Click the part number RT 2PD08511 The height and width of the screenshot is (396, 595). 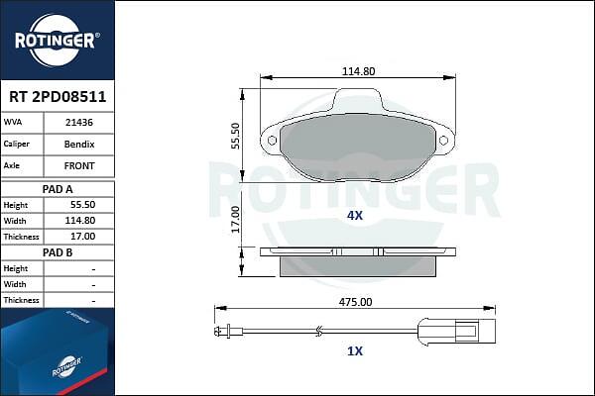click(x=58, y=97)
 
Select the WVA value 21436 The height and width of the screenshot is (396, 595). click(x=79, y=123)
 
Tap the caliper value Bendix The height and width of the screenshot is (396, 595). click(x=79, y=145)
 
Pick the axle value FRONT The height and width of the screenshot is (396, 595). click(x=79, y=166)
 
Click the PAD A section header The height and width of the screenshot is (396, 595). click(x=58, y=189)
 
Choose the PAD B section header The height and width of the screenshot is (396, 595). click(x=58, y=252)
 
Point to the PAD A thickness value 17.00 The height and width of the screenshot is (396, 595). click(x=82, y=237)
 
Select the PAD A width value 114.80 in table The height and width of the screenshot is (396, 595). click(x=80, y=221)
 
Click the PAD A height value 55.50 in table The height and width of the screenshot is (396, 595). click(x=82, y=205)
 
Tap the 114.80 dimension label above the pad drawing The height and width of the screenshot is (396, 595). click(x=358, y=71)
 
